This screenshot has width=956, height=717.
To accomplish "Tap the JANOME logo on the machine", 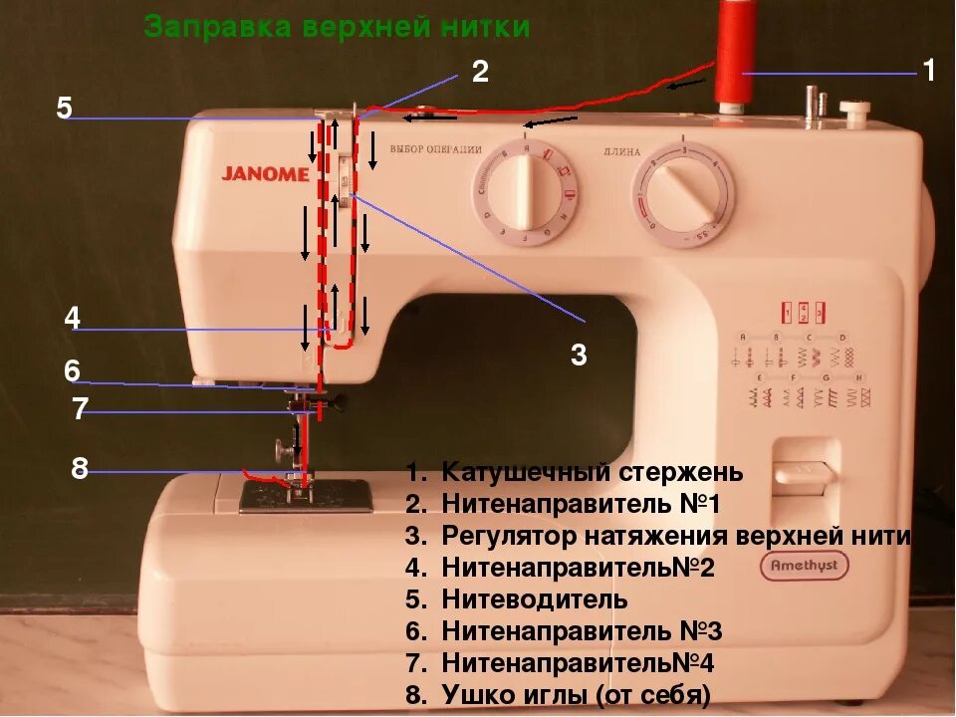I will coord(265,173).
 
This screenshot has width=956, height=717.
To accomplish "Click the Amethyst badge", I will coord(805,566).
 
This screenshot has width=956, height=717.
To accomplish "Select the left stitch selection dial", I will coord(519,192).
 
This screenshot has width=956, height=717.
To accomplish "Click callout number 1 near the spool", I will coord(928,71).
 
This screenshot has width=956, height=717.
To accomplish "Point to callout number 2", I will coord(480,71).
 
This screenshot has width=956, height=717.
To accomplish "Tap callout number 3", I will coord(579,355).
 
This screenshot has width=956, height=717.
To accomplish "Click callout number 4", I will coord(72,319).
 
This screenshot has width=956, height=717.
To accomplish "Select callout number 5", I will coord(64,108).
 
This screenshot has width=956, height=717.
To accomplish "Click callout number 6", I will coord(72,371).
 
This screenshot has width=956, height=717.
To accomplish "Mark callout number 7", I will coord(80,409).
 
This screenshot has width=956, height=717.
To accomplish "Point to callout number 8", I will coord(80,468).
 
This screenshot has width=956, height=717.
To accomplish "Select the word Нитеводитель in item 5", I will coord(535,599).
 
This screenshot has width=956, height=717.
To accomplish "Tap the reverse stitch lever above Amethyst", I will coord(803,477).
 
